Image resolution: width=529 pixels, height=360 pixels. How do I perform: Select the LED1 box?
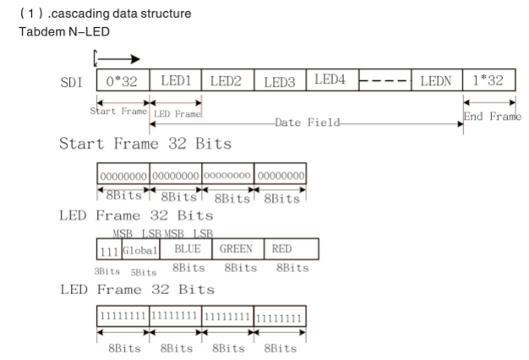click(176, 82)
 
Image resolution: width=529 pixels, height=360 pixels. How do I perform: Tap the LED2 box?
click(227, 82)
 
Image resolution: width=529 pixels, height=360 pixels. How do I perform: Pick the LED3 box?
click(280, 82)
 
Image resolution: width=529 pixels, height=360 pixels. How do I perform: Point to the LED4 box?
click(331, 81)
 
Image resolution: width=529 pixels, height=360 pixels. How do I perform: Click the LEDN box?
click(436, 82)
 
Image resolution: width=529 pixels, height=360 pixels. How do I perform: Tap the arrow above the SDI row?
click(118, 60)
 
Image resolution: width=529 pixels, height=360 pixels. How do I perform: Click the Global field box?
click(136, 249)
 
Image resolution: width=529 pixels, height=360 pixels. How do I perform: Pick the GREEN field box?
click(236, 249)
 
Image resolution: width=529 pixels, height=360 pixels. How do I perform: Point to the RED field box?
click(291, 249)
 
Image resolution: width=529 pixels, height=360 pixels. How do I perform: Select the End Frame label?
click(493, 117)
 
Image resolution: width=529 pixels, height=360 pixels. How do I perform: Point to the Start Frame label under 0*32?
click(118, 111)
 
